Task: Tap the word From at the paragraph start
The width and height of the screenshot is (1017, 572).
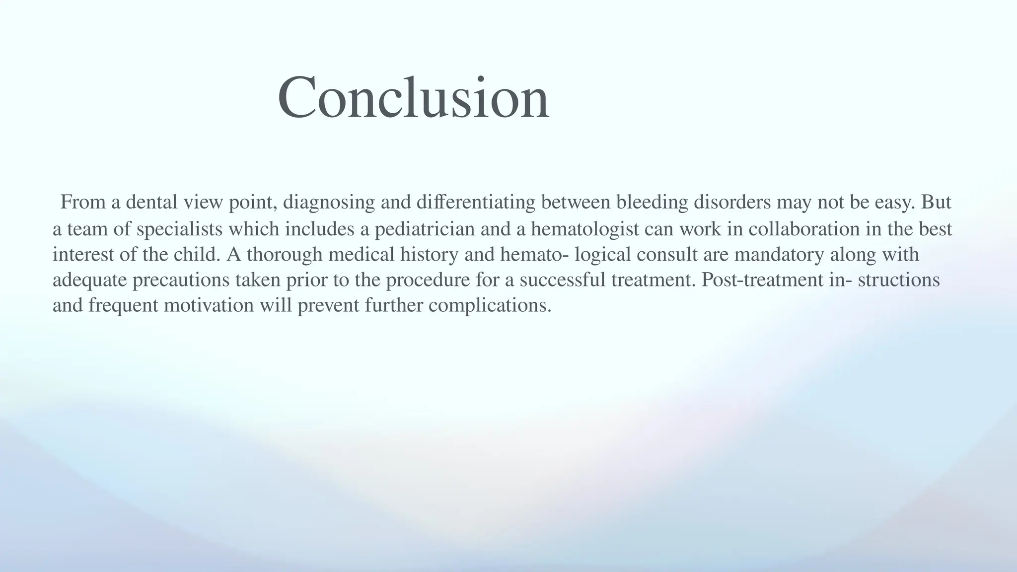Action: pyautogui.click(x=82, y=202)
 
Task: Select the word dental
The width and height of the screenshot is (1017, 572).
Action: pyautogui.click(x=151, y=202)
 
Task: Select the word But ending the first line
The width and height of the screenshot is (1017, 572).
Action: pyautogui.click(x=937, y=202)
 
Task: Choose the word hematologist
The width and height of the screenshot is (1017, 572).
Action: pyautogui.click(x=584, y=229)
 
